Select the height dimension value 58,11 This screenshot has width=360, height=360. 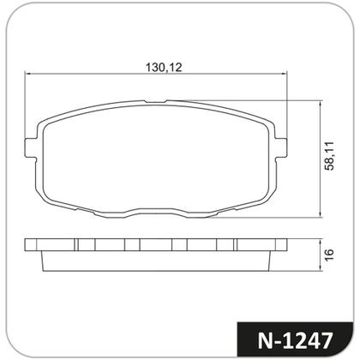328,157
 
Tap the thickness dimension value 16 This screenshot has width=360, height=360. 328,255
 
